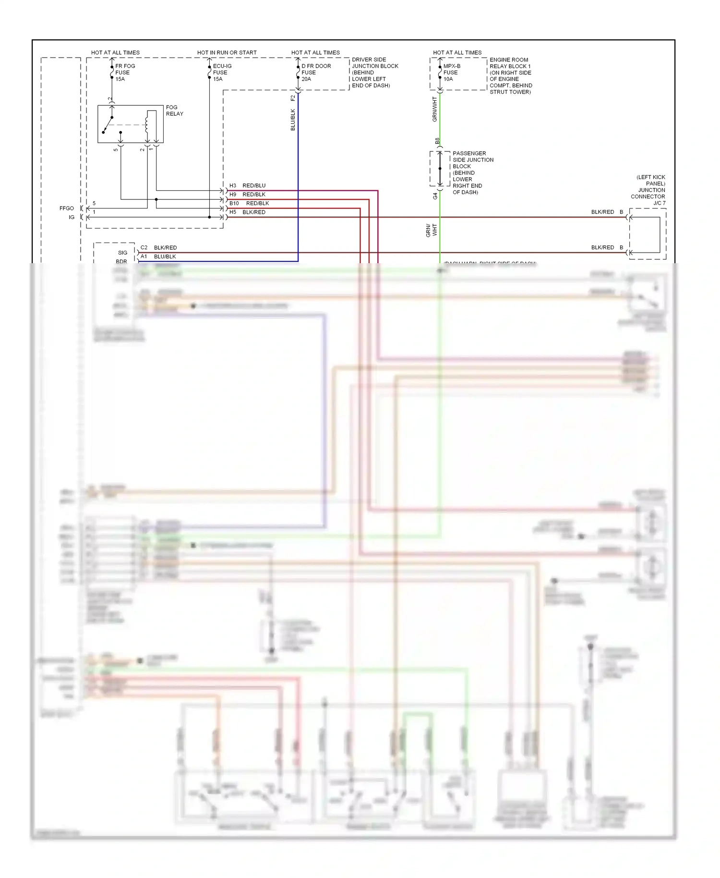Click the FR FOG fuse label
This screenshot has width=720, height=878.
point(124,73)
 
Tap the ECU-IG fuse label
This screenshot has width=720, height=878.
point(222,73)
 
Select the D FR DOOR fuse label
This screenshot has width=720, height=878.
point(315,73)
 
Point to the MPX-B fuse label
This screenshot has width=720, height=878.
point(451,73)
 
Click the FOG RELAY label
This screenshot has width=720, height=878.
point(174,110)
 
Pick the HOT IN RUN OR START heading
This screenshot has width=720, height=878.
point(227,52)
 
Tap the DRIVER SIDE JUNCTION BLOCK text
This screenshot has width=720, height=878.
point(374,73)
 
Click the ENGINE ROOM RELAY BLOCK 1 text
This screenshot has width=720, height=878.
point(510,76)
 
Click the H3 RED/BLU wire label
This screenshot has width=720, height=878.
point(247,185)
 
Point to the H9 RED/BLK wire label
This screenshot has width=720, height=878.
point(247,195)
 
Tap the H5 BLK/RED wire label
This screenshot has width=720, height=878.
point(247,212)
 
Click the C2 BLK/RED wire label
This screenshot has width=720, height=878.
point(159,248)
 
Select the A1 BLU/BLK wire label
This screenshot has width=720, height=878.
point(158,256)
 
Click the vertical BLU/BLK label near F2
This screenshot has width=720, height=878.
point(293,120)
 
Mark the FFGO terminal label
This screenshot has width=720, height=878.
point(67,208)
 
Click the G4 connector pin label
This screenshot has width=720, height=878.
point(435,196)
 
